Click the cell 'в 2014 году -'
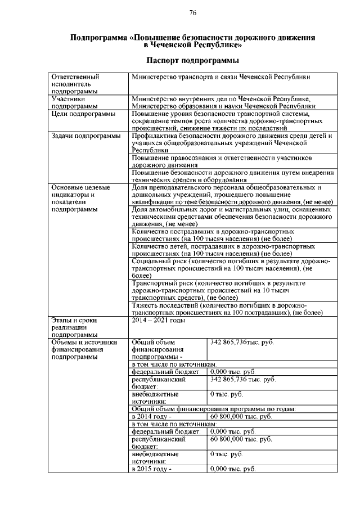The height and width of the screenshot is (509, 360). point(150,416)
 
